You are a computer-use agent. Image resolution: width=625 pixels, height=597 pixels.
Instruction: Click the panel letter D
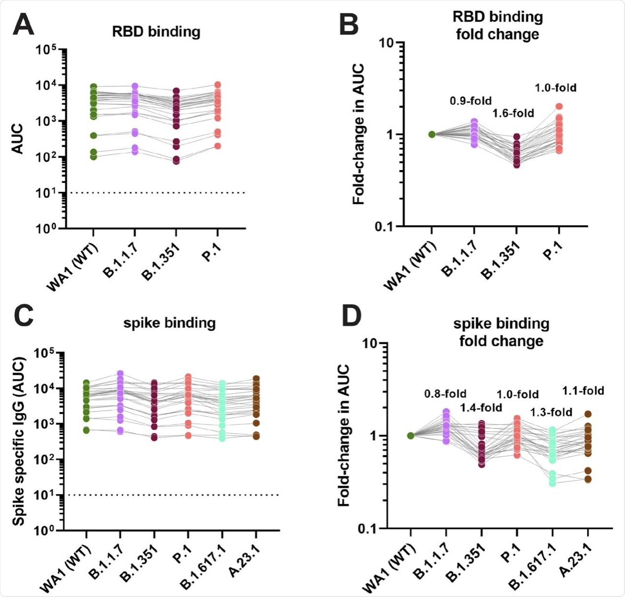pyautogui.click(x=351, y=317)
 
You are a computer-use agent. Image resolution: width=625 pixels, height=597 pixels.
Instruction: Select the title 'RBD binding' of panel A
pyautogui.click(x=156, y=32)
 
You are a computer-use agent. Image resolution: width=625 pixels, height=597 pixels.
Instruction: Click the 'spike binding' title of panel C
pyautogui.click(x=169, y=323)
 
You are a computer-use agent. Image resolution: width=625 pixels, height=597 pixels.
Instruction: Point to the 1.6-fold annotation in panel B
pyautogui.click(x=513, y=114)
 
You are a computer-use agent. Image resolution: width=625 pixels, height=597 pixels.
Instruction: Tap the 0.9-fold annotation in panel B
pyautogui.click(x=470, y=101)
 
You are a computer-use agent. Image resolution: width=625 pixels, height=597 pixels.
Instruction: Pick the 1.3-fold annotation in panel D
pyautogui.click(x=551, y=412)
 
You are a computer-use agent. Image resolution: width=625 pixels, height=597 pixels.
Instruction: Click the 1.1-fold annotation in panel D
pyautogui.click(x=583, y=391)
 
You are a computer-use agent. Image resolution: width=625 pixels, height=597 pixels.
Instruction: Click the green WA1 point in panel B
pyautogui.click(x=432, y=134)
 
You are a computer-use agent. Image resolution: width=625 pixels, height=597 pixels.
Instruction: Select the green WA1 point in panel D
pyautogui.click(x=410, y=435)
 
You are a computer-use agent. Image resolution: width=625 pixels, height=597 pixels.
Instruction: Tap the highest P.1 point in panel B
pyautogui.click(x=559, y=106)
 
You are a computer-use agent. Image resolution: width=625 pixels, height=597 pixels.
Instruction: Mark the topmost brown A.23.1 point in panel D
pyautogui.click(x=588, y=414)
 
